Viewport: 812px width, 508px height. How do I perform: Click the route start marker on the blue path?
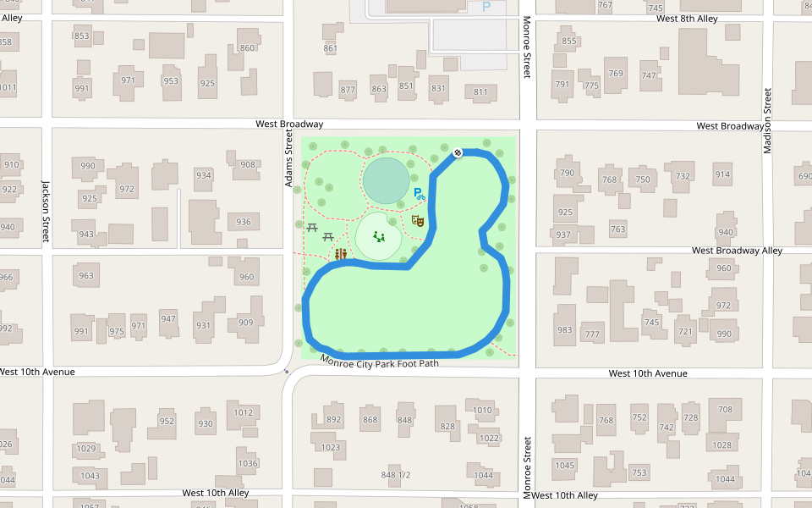(458, 152)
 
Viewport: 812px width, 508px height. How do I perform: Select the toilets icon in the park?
(341, 253)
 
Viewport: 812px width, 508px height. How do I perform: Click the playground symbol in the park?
(379, 237)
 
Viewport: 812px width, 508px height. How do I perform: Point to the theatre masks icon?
(416, 220)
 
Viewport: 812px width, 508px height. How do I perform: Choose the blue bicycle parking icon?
(418, 193)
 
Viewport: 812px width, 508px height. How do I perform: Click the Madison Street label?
(768, 120)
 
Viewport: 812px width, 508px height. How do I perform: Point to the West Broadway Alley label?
(737, 251)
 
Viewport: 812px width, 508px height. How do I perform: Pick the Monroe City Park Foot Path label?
(380, 362)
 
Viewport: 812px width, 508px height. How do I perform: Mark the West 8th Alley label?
(686, 18)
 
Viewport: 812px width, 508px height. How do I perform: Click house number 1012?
(244, 413)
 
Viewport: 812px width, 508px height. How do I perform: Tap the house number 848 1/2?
(395, 475)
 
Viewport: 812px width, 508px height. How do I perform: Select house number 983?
(564, 330)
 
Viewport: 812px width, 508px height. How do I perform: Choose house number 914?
(722, 175)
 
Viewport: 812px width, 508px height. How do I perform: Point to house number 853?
(82, 36)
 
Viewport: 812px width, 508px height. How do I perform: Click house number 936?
(244, 222)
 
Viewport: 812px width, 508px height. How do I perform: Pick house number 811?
(480, 92)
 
